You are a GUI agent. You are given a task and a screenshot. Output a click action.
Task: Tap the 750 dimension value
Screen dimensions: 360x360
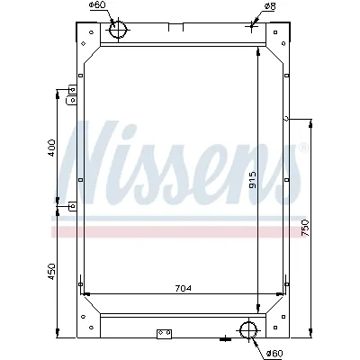click(x=306, y=228)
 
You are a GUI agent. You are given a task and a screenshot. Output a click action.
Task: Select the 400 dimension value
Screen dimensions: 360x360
click(x=51, y=146)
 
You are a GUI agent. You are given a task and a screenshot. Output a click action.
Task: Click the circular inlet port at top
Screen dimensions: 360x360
click(x=120, y=31)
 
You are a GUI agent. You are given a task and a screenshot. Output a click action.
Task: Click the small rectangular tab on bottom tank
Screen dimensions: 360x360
click(x=163, y=337)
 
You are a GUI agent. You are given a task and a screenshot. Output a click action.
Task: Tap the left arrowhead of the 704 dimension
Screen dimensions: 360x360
click(x=84, y=293)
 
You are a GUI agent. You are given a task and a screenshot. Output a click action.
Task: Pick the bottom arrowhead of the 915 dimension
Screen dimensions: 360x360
click(x=259, y=310)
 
